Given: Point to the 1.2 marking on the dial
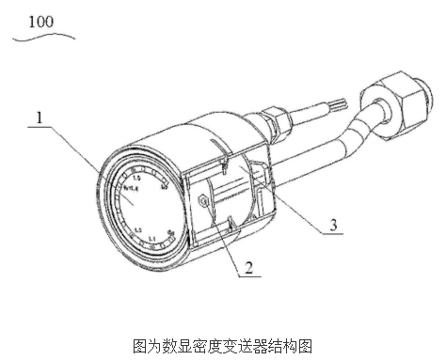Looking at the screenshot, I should pos(136,228).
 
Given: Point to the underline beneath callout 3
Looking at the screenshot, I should pos(332,236).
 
